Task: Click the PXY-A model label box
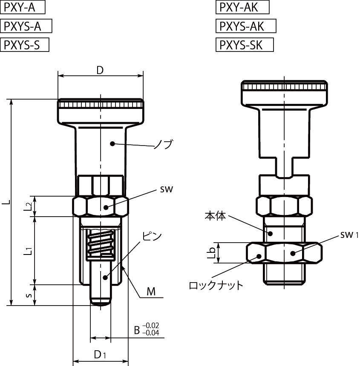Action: coord(23,7)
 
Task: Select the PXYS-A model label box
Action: coord(26,26)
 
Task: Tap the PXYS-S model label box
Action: coord(25,45)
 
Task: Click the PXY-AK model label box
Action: coord(242,7)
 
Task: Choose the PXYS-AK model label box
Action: coord(246,26)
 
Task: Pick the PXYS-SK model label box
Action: coord(245,45)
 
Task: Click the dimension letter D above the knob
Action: coord(100,70)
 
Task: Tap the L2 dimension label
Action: coord(28,206)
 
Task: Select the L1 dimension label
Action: coord(28,251)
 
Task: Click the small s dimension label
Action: coord(29,295)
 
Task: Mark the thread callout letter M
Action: coord(151,292)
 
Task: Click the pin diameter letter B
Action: coord(137,330)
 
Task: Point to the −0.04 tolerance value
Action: coord(151,333)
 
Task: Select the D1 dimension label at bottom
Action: coord(100,355)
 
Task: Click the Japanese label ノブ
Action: coord(163,144)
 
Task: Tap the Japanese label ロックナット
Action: coord(216,285)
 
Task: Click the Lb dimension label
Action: coord(211,253)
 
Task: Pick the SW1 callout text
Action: coord(349,235)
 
